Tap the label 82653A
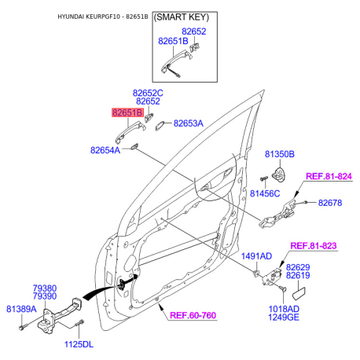click(188, 123)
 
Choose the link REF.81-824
click(328, 176)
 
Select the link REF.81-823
click(314, 246)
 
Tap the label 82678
click(330, 203)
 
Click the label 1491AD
click(256, 256)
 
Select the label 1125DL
click(78, 343)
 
